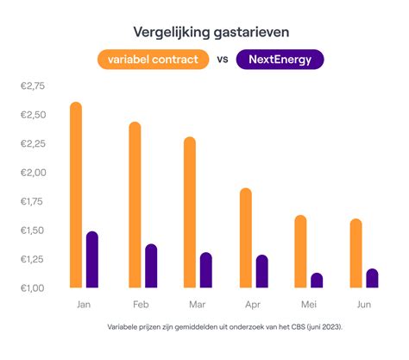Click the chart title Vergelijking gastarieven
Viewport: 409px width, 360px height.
pyautogui.click(x=205, y=32)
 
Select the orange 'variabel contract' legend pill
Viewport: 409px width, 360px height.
pyautogui.click(x=154, y=60)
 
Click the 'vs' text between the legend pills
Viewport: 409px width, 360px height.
pyautogui.click(x=222, y=60)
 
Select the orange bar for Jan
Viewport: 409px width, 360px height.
pyautogui.click(x=75, y=195)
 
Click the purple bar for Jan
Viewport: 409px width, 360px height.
pyautogui.click(x=91, y=259)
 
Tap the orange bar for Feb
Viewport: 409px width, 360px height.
pyautogui.click(x=135, y=205)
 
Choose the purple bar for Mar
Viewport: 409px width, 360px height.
pyautogui.click(x=205, y=269)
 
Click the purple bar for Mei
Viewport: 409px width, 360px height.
pyautogui.click(x=317, y=280)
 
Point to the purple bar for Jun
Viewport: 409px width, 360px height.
pyautogui.click(x=372, y=278)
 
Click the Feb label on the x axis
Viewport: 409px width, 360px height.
pyautogui.click(x=142, y=306)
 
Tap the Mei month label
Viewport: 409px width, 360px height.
pyautogui.click(x=308, y=306)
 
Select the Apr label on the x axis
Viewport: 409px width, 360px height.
pyautogui.click(x=252, y=306)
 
